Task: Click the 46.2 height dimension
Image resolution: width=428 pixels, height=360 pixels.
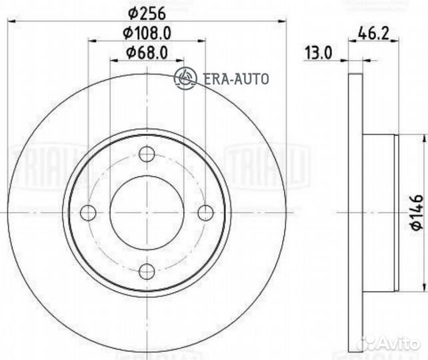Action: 373,31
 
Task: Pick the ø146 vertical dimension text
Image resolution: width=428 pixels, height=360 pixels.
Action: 416,213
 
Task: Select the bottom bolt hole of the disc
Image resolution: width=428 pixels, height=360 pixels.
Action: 147,271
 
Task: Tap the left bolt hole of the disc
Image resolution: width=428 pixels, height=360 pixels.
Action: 88,213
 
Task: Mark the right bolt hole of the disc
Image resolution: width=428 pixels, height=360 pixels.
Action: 205,213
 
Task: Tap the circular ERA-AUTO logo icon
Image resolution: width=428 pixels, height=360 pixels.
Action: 185,78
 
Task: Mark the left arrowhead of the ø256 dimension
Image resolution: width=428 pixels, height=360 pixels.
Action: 11,22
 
